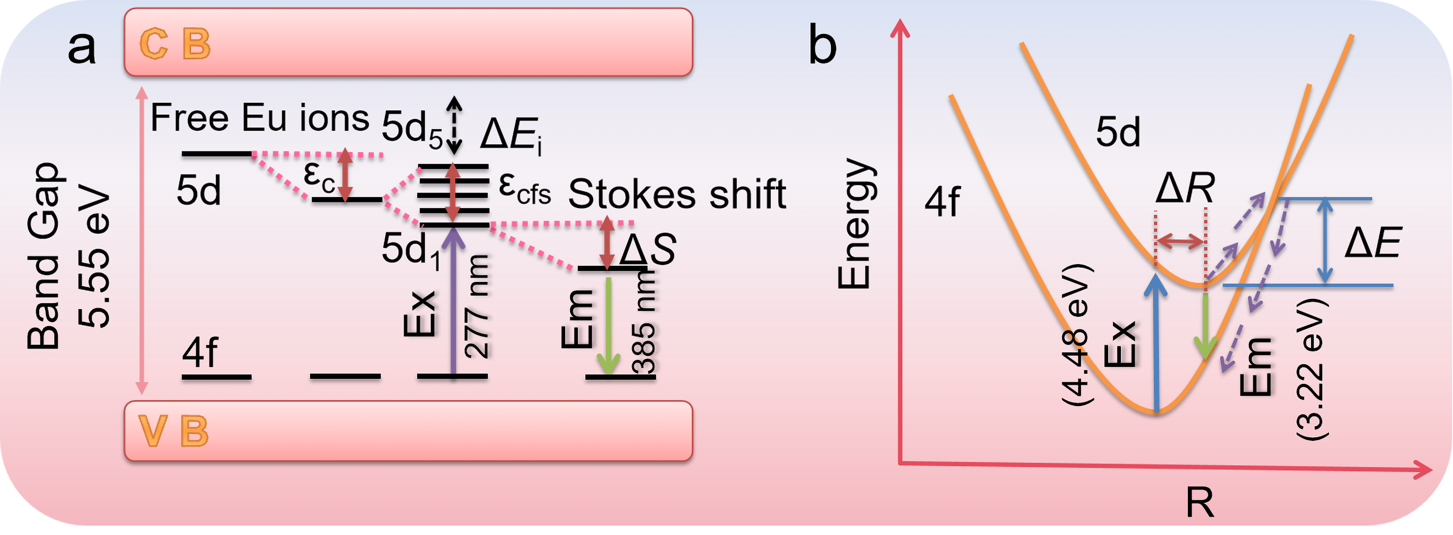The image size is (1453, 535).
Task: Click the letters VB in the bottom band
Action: (x=173, y=431)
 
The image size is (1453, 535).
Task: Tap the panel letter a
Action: (x=82, y=48)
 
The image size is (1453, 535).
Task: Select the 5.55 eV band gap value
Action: (x=94, y=256)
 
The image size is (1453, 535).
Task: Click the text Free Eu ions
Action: (x=259, y=118)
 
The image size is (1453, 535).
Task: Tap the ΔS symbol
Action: (x=648, y=249)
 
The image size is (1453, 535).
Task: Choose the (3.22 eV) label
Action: (x=1312, y=369)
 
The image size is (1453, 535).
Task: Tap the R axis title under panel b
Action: (x=1199, y=502)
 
